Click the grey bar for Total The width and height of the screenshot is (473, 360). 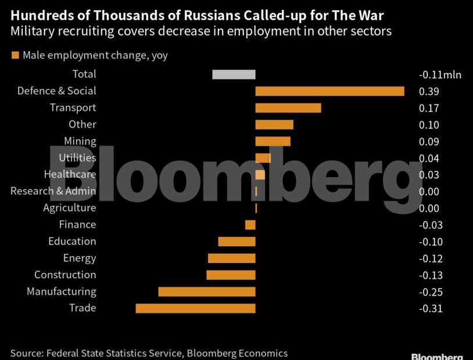pyautogui.click(x=234, y=74)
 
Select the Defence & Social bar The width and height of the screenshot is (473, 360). pyautogui.click(x=329, y=91)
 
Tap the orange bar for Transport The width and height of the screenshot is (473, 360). pyautogui.click(x=288, y=108)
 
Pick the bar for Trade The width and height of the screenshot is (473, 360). pyautogui.click(x=195, y=308)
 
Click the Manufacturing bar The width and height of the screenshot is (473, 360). pyautogui.click(x=207, y=291)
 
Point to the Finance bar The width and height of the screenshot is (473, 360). pyautogui.click(x=250, y=225)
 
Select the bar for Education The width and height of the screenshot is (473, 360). pyautogui.click(x=236, y=242)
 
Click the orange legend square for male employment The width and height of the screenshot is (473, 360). pyautogui.click(x=15, y=56)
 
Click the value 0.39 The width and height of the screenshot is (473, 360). pyautogui.click(x=429, y=92)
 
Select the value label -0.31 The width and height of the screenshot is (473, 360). pyautogui.click(x=431, y=309)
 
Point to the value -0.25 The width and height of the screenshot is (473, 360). pyautogui.click(x=431, y=292)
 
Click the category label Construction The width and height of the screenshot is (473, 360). pyautogui.click(x=65, y=275)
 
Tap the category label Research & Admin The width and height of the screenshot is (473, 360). pyautogui.click(x=53, y=191)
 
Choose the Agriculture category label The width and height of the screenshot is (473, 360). pyautogui.click(x=70, y=208)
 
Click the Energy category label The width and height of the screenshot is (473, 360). pyautogui.click(x=80, y=258)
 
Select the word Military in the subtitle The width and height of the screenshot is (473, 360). pyautogui.click(x=31, y=31)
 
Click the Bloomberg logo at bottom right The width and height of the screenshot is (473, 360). pyautogui.click(x=437, y=356)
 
